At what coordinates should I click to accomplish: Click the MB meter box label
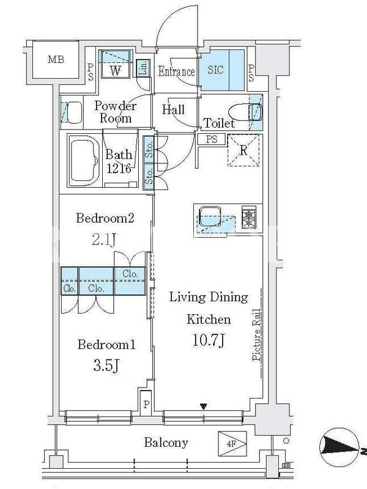point(56,59)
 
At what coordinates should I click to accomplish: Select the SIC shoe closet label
point(216,70)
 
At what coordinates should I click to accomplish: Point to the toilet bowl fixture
point(245,112)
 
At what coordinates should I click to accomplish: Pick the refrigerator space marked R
point(243,150)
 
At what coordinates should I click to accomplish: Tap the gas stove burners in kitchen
point(249,216)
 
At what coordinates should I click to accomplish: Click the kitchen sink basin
point(210,216)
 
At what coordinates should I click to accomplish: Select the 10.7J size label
point(208,340)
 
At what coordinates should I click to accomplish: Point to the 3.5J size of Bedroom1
point(106,365)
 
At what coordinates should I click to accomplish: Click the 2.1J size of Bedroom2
point(105,239)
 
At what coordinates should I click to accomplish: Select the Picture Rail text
point(256,335)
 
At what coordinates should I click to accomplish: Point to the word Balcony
point(166,443)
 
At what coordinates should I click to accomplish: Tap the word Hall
point(173,109)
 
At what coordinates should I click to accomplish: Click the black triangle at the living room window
point(204,406)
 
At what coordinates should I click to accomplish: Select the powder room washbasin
point(72,112)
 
